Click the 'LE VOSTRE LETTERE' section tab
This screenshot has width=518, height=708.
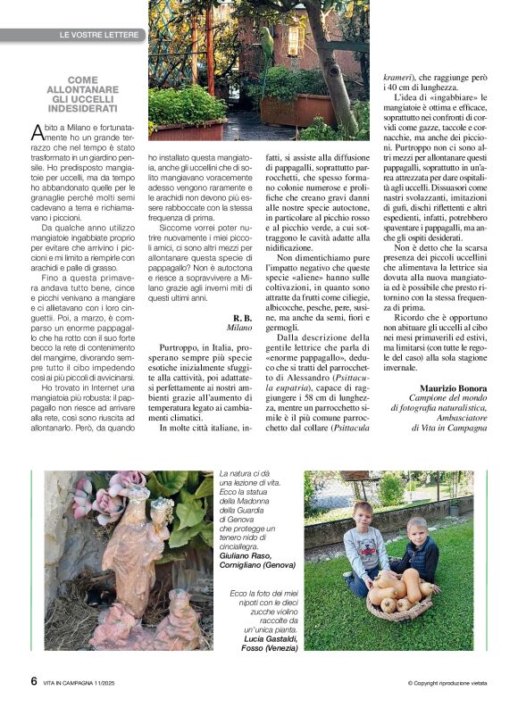(x=98, y=35)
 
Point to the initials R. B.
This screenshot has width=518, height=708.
(x=242, y=318)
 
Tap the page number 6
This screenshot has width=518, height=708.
(x=33, y=681)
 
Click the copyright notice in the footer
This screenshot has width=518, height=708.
(x=447, y=683)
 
